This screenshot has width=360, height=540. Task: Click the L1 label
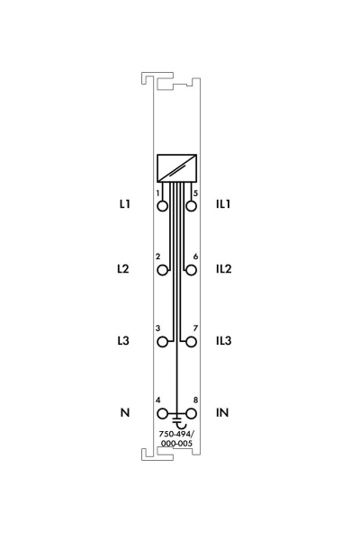[125, 204]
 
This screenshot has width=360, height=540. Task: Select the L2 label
[123, 268]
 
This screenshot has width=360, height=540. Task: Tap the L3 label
[123, 340]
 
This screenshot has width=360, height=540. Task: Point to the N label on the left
[125, 412]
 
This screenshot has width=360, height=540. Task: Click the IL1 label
[223, 204]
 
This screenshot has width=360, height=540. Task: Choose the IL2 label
[223, 268]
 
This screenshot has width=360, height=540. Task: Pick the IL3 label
[223, 340]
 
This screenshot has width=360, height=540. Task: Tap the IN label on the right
[222, 412]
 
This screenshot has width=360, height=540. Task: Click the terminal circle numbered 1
[163, 206]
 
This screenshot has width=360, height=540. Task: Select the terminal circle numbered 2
[163, 270]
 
